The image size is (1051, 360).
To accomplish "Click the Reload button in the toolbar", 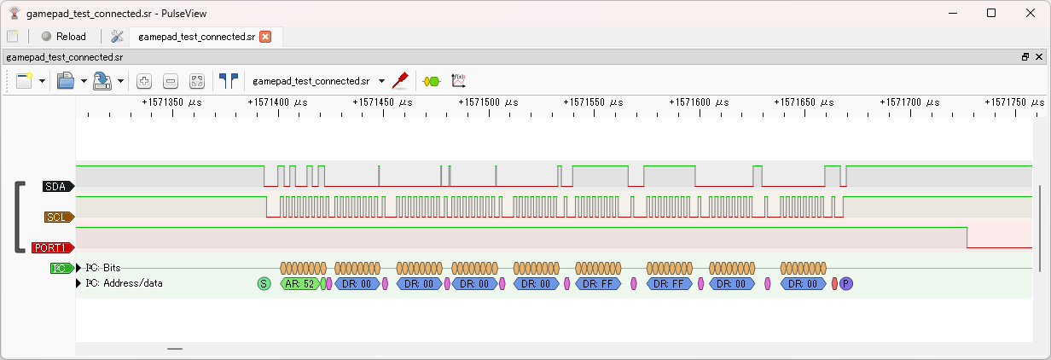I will [x=63, y=37].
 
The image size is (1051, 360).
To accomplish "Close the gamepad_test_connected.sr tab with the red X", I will [x=265, y=37].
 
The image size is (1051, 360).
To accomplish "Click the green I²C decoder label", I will [x=61, y=268].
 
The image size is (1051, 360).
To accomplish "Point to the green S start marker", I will [x=264, y=283].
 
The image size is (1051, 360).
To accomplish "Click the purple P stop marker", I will [x=845, y=283].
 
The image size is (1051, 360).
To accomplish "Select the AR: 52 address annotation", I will [x=299, y=283].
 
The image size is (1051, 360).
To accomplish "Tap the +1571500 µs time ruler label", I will [x=485, y=102].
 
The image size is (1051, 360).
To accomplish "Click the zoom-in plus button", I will [x=144, y=81].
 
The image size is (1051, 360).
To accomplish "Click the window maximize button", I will [x=991, y=13].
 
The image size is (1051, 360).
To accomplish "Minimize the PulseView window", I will [x=952, y=13].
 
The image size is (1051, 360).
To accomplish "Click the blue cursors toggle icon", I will [x=228, y=81].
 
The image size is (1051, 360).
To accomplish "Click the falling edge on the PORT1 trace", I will [x=967, y=238].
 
